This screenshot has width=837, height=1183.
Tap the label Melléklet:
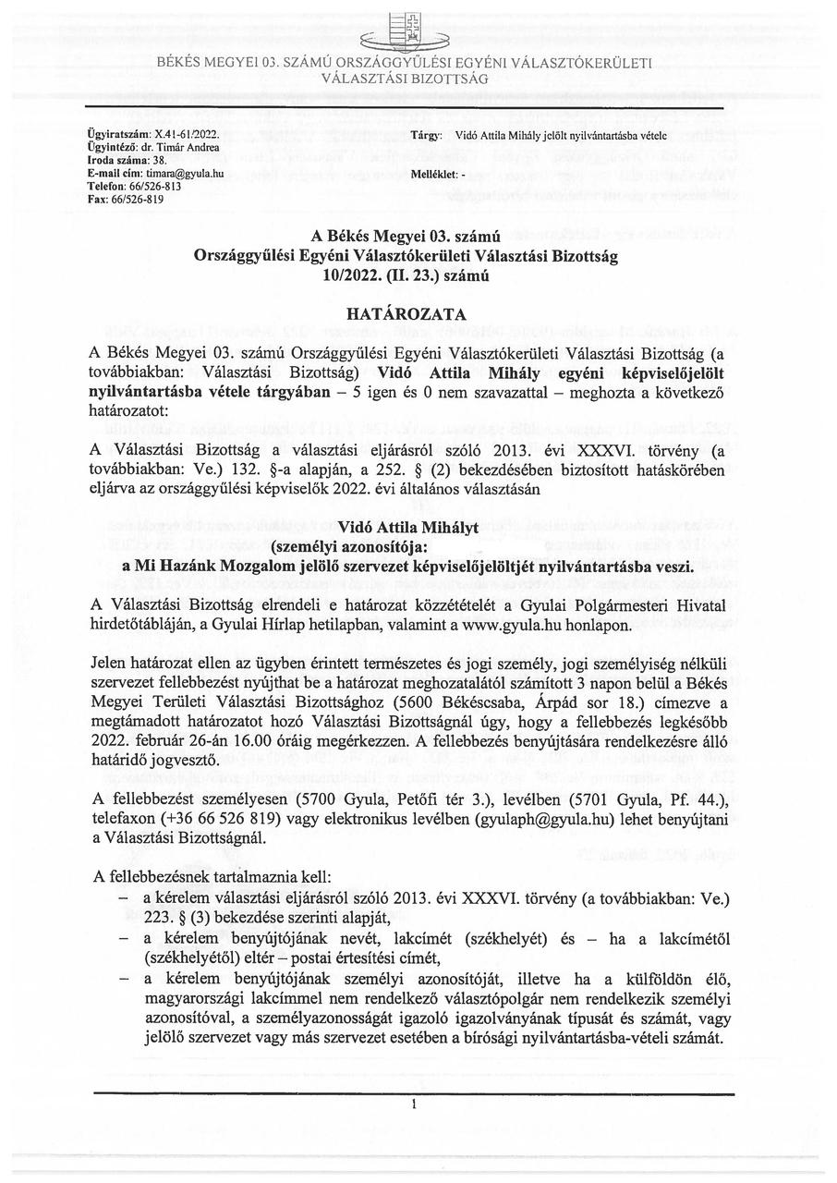pyautogui.click(x=434, y=174)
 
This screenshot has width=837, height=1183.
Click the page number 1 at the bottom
pyautogui.click(x=416, y=1104)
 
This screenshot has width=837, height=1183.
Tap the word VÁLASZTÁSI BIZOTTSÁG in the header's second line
pyautogui.click(x=405, y=79)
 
